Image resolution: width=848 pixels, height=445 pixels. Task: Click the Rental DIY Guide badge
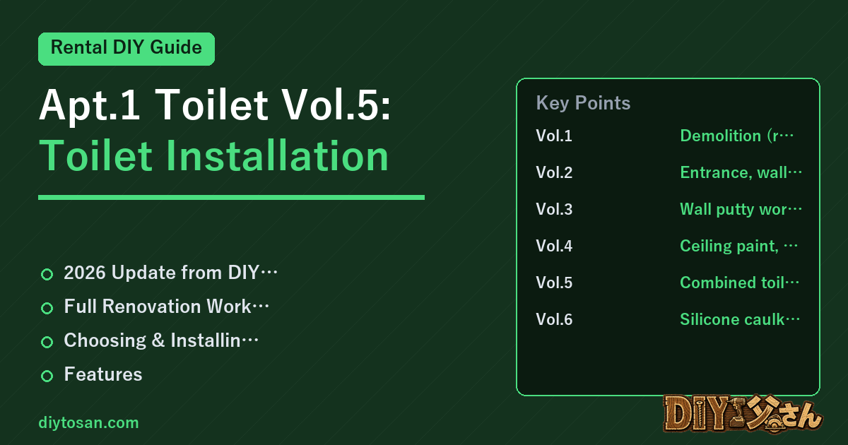[x=126, y=49]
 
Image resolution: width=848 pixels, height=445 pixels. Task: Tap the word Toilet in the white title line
[x=212, y=105]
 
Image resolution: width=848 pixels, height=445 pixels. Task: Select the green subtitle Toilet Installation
[x=214, y=156]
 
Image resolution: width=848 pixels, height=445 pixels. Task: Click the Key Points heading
[x=583, y=103]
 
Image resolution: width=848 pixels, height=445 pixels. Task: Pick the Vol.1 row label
[x=554, y=136]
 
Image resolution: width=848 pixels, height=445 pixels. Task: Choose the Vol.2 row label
[x=554, y=172]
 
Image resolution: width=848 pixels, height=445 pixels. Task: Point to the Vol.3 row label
[x=554, y=209]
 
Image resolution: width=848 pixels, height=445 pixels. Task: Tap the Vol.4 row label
[x=554, y=246]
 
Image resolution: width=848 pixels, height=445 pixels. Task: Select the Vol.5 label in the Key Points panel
[x=554, y=283]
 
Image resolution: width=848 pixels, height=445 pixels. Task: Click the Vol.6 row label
[x=554, y=319]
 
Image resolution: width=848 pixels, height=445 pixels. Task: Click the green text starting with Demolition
[x=736, y=136]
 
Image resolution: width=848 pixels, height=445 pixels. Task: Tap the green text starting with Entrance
[x=741, y=172]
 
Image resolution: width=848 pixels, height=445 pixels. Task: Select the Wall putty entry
[x=741, y=209]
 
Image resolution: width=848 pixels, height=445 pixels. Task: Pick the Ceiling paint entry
[x=739, y=246]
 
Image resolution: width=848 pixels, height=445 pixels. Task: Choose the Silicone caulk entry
[x=740, y=319]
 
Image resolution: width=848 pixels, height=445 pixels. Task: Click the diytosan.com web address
[x=88, y=422]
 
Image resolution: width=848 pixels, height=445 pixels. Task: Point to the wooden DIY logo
[x=743, y=414]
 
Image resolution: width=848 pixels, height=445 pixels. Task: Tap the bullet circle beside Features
[x=47, y=376]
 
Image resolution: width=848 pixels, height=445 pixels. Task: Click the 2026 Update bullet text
[x=171, y=273]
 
